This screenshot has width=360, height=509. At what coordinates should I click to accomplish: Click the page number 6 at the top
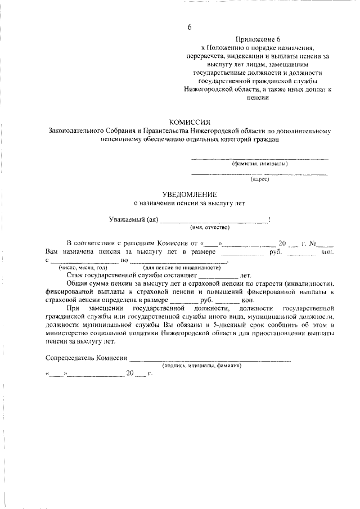pyautogui.click(x=190, y=28)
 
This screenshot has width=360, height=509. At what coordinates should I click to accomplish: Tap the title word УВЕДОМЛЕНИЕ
pyautogui.click(x=189, y=193)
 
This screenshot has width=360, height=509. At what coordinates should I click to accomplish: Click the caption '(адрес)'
pyautogui.click(x=260, y=179)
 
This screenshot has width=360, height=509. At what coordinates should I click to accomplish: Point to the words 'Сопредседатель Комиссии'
pyautogui.click(x=85, y=358)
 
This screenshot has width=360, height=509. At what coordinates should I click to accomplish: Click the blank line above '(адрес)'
pyautogui.click(x=259, y=174)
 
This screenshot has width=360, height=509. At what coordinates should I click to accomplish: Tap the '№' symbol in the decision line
pyautogui.click(x=313, y=243)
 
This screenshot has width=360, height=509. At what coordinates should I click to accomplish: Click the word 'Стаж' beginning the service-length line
pyautogui.click(x=74, y=276)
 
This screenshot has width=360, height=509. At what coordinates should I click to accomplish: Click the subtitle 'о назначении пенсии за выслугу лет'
pyautogui.click(x=189, y=202)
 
